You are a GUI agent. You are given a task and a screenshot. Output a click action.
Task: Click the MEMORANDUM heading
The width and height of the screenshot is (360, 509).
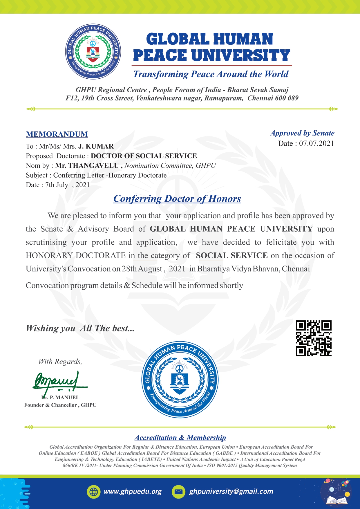click(x=57, y=134)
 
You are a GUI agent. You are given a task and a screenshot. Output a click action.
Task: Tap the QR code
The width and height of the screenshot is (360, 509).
click(x=313, y=338)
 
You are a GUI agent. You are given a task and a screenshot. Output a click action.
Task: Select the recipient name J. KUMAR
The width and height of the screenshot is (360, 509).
click(x=96, y=146)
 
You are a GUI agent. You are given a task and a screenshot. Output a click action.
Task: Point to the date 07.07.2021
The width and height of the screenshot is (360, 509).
click(x=316, y=143)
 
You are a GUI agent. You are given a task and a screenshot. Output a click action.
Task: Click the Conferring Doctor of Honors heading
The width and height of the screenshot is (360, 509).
click(x=177, y=198)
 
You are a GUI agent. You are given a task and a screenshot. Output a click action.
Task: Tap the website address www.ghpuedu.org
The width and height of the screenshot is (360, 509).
click(x=133, y=491)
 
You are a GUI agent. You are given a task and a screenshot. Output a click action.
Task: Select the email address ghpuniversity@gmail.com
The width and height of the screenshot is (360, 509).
click(x=231, y=491)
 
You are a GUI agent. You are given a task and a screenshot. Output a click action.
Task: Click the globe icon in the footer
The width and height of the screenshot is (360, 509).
click(x=93, y=492)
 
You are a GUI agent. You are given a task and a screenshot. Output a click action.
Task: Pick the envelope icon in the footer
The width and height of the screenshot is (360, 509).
click(x=178, y=492)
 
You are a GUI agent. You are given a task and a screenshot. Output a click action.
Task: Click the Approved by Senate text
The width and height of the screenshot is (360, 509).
click(x=302, y=133)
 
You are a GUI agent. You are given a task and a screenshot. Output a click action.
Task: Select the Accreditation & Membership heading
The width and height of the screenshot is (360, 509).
click(x=180, y=438)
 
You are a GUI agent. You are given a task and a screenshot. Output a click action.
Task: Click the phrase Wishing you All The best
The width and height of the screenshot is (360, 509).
click(x=80, y=328)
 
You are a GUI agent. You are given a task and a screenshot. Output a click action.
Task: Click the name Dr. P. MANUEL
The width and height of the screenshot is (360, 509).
click(x=61, y=398)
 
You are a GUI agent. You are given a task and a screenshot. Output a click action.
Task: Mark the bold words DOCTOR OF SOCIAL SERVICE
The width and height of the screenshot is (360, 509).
click(x=144, y=156)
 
